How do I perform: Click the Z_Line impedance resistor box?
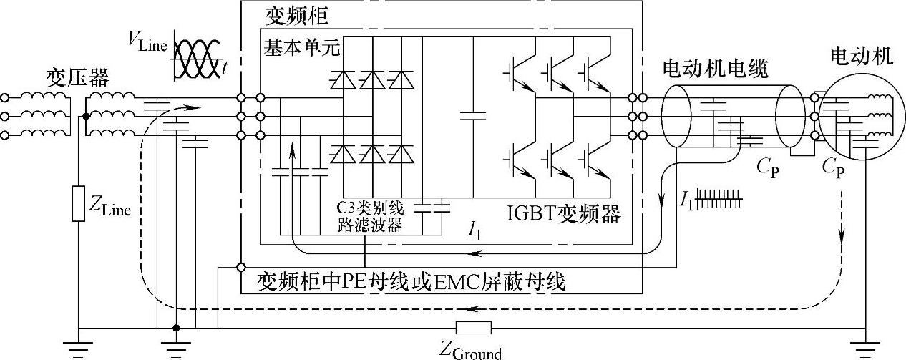point(77,204)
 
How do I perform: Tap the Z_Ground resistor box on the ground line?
point(473,328)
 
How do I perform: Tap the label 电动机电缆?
point(715,69)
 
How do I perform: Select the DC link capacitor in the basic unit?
point(472,115)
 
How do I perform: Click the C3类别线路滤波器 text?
point(370,218)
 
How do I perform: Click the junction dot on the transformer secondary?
point(86,115)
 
